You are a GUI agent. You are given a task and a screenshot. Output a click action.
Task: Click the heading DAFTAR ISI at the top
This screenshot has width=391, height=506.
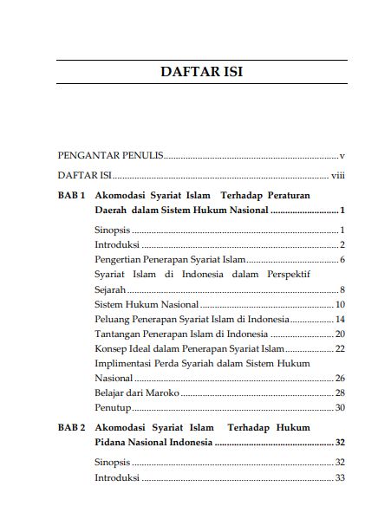tap(201, 71)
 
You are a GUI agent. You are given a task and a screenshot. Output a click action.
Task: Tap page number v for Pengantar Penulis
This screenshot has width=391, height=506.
tap(343, 156)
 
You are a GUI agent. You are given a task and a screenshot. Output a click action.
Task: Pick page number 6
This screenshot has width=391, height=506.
tap(343, 259)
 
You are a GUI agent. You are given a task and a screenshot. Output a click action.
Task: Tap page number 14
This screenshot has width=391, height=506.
tap(341, 319)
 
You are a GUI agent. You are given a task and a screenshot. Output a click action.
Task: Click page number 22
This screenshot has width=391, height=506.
tap(341, 348)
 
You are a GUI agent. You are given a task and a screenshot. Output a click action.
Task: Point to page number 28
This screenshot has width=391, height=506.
tap(341, 392)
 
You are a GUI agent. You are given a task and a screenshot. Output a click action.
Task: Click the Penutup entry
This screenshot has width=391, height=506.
tap(112, 407)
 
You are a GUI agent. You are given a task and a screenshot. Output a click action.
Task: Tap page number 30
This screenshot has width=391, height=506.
tap(341, 407)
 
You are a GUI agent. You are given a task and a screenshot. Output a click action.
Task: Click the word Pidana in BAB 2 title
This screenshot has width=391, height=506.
tap(113, 443)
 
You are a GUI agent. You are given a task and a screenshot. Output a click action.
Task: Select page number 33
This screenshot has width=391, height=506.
tap(341, 477)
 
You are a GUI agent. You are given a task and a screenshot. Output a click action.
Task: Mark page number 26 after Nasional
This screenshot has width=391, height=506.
tap(341, 379)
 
